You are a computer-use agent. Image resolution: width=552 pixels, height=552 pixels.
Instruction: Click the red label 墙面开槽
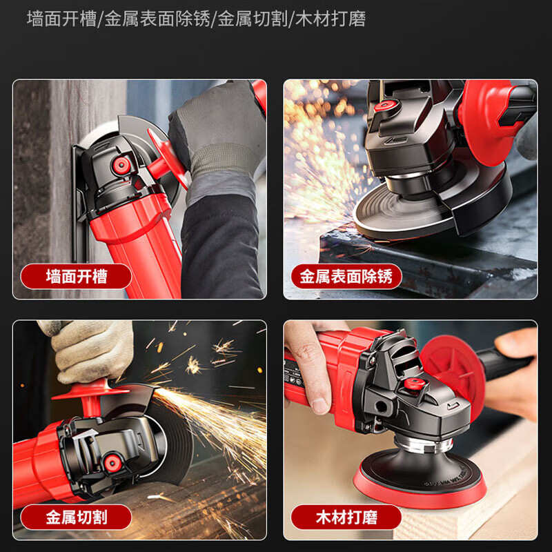pyautogui.click(x=76, y=277)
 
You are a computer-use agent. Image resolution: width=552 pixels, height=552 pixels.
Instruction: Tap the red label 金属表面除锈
pyautogui.click(x=346, y=277)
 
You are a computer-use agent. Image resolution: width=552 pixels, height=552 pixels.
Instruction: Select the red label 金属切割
pyautogui.click(x=76, y=517)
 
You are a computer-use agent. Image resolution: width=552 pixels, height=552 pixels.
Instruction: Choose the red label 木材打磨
pyautogui.click(x=346, y=517)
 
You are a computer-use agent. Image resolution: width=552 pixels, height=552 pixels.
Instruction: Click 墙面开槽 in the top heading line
pyautogui.click(x=63, y=19)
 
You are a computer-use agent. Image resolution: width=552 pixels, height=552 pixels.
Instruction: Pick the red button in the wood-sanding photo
pyautogui.click(x=413, y=384)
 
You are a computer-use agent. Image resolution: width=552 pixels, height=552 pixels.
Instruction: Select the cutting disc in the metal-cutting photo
pyautogui.click(x=176, y=442)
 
